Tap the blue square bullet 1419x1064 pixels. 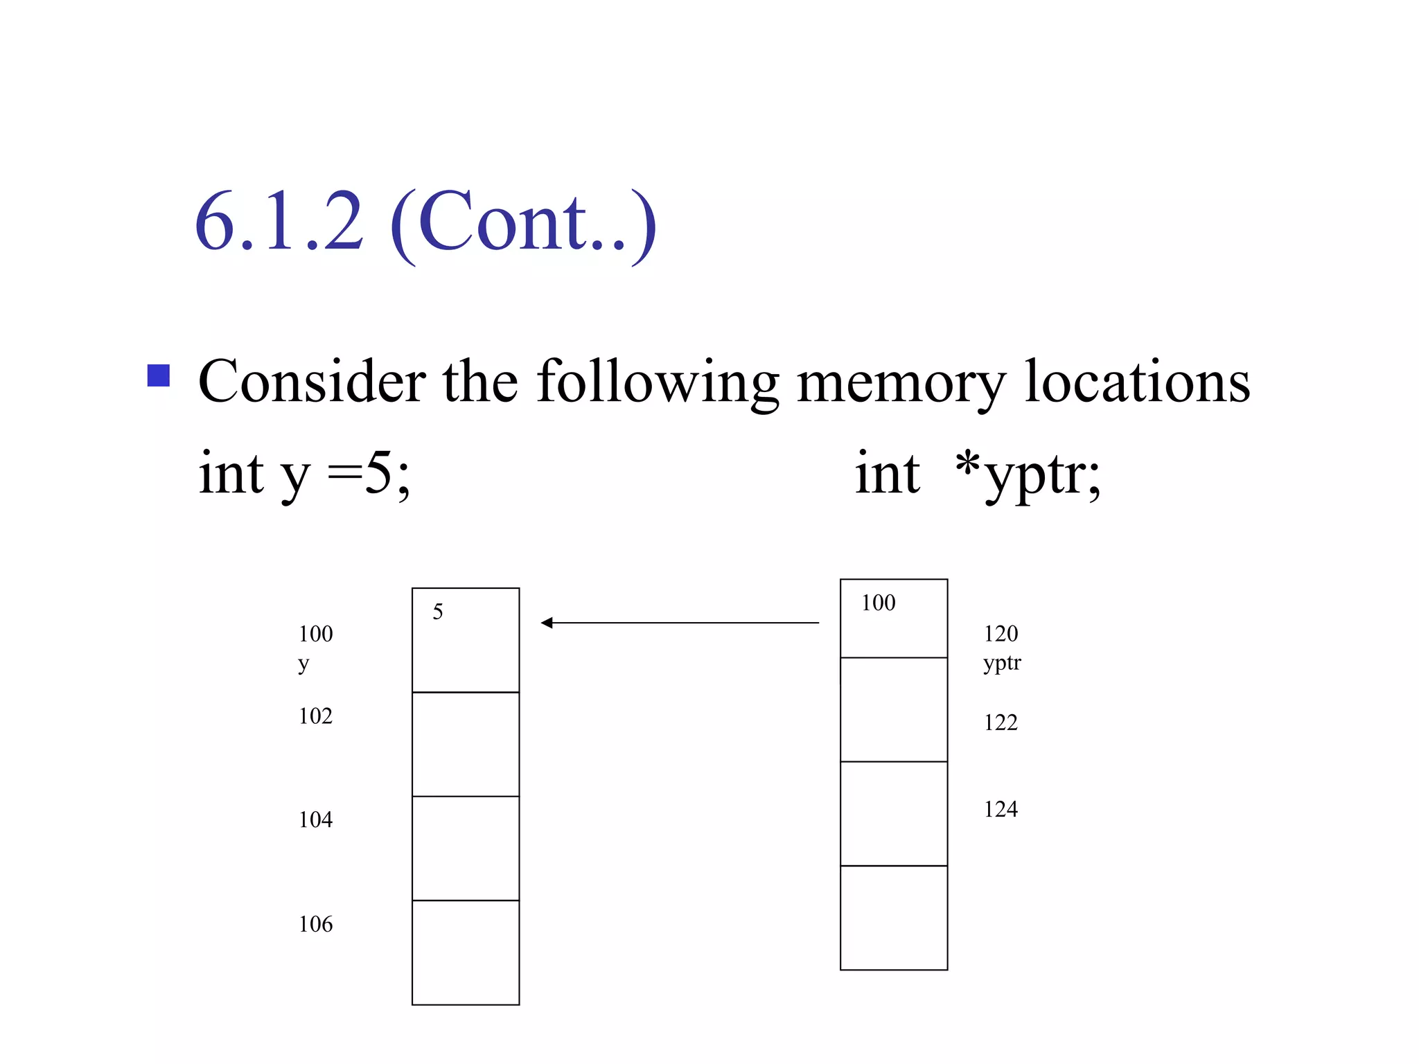coord(159,375)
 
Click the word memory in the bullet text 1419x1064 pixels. coord(901,382)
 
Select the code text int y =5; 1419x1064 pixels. coord(304,474)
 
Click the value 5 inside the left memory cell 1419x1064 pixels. coord(437,612)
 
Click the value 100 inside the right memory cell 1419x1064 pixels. coord(878,603)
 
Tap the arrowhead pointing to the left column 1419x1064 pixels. coord(547,623)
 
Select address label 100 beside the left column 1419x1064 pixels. coord(315,633)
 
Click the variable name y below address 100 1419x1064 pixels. coord(303,664)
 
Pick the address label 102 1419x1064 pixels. coord(315,716)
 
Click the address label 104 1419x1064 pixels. coord(315,819)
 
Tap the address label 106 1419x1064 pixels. coord(315,924)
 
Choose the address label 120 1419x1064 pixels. coord(1001,633)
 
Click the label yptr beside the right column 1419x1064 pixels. coord(1002,663)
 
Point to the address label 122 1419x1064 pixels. coord(1001,722)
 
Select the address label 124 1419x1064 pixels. coord(1001,809)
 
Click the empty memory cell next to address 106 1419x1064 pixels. coord(466,952)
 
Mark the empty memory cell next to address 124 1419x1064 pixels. coord(894,814)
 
